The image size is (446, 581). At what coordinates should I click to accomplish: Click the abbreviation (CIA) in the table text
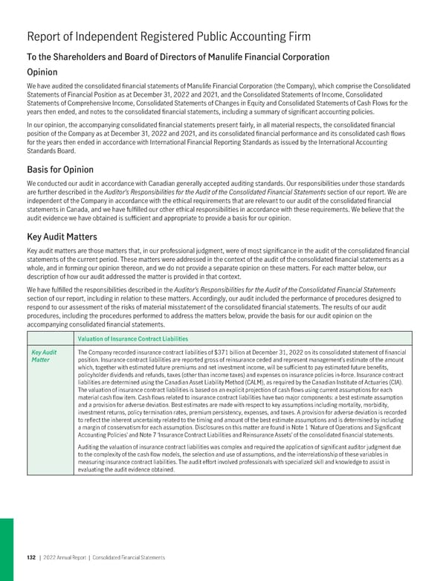(405, 381)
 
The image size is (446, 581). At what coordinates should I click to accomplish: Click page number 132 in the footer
(32, 558)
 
